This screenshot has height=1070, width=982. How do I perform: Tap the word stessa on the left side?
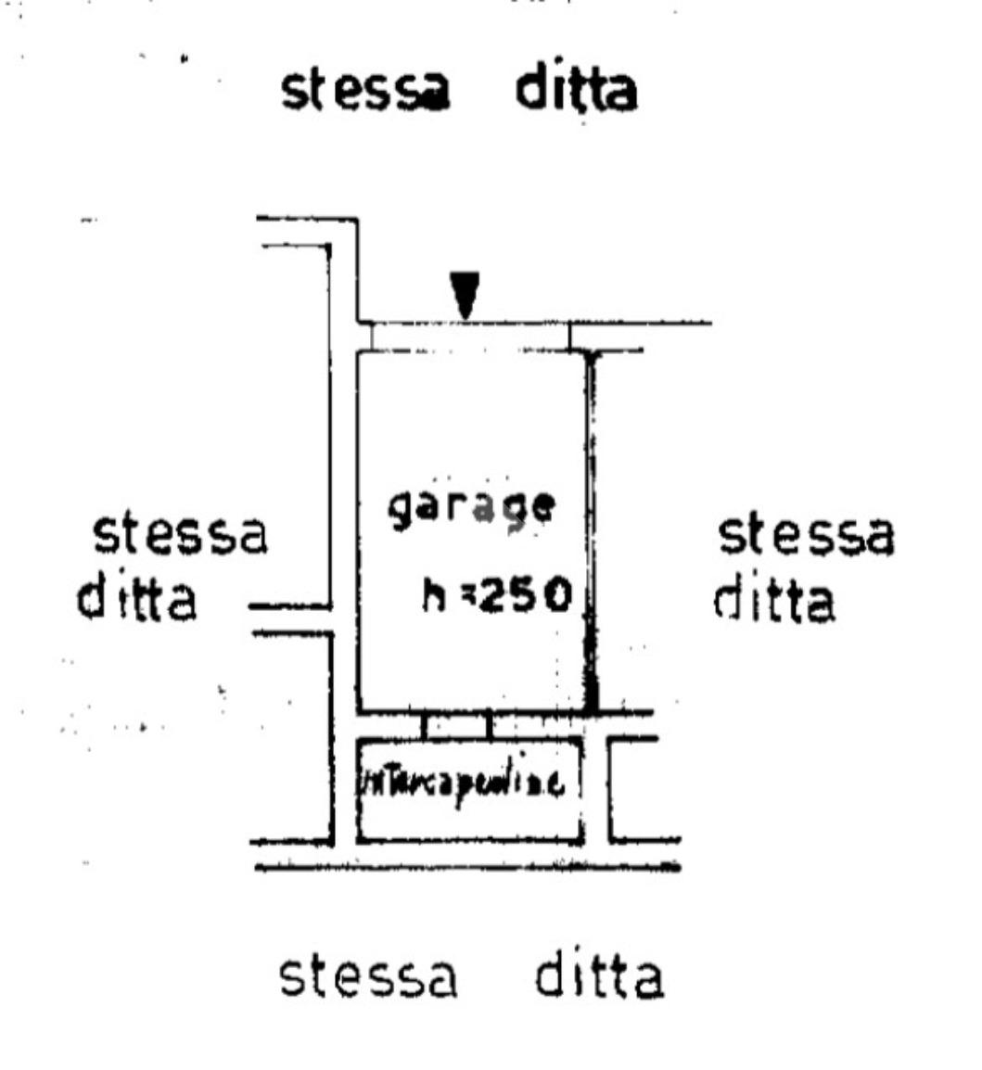180,536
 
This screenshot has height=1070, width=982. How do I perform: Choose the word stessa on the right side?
808,536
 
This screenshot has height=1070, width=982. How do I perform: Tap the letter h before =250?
433,598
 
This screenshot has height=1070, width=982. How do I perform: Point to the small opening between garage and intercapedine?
456,726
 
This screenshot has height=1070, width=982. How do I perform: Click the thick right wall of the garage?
590,529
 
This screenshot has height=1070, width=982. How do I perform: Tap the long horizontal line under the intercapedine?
467,868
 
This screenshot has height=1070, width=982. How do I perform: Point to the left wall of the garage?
358,529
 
